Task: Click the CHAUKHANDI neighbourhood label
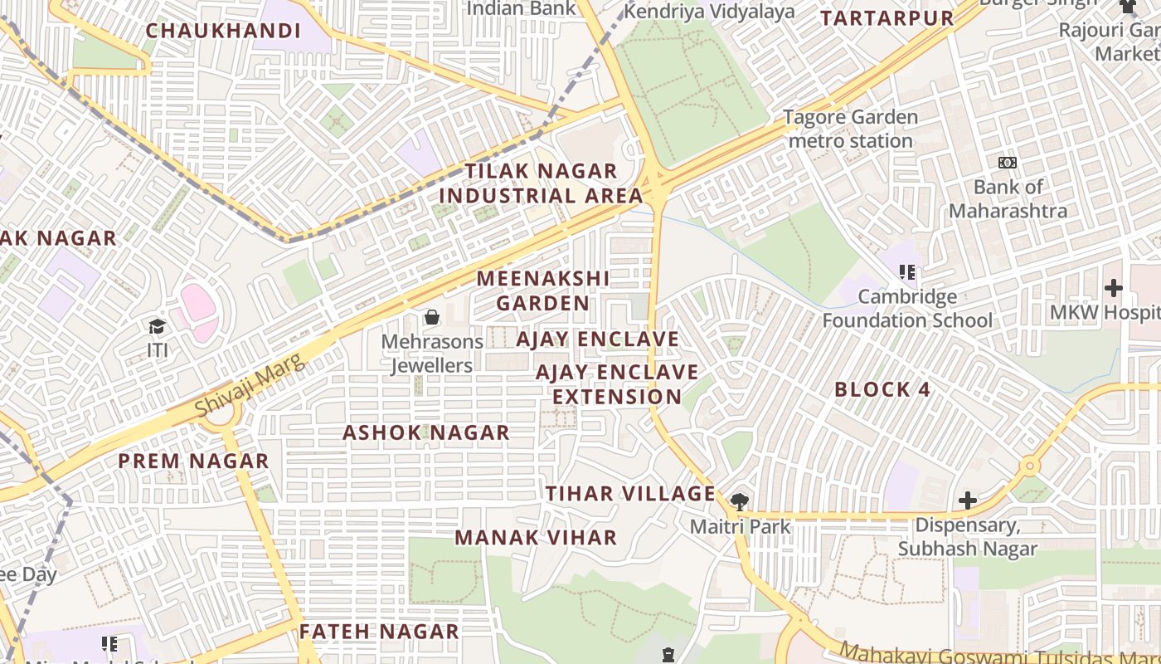tap(223, 31)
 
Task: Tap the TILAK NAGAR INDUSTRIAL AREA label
tap(541, 183)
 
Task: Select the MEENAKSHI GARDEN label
tap(543, 290)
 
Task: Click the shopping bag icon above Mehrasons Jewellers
tap(431, 317)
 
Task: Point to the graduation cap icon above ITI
tap(158, 326)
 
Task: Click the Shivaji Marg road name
tap(245, 383)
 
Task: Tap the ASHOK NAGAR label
tap(425, 432)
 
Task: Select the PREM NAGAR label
tap(193, 461)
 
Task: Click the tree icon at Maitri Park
tap(739, 501)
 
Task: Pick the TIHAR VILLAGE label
tap(630, 493)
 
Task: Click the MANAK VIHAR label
tap(536, 537)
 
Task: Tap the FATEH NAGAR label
tap(379, 631)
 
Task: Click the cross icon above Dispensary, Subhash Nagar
tap(967, 500)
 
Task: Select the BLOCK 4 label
tap(882, 389)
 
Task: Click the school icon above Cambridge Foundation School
tap(908, 271)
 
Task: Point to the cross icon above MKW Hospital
tap(1113, 288)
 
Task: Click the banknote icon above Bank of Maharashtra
tap(1008, 163)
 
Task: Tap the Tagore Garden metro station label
tap(851, 129)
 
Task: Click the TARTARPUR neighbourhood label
tap(887, 17)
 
